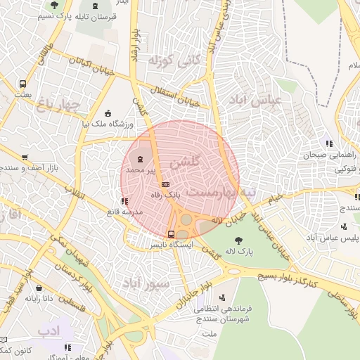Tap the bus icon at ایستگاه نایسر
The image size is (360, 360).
[171, 234]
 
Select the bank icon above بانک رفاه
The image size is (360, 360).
[165, 184]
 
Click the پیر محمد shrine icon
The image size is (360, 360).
[135, 160]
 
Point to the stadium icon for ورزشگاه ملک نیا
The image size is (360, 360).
[107, 112]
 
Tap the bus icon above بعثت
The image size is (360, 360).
[24, 83]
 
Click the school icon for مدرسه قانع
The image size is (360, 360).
[124, 202]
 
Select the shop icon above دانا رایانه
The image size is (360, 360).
[38, 288]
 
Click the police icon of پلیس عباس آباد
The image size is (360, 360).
[344, 226]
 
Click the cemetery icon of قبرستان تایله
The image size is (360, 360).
[96, 6]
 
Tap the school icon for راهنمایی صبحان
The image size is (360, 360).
[328, 144]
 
